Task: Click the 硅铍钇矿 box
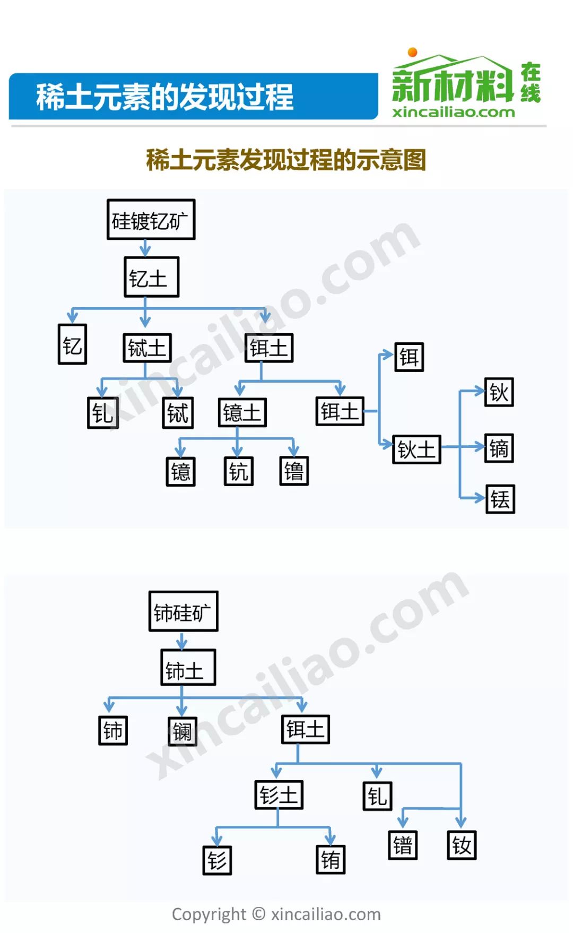[x=151, y=220]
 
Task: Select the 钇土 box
[x=152, y=277]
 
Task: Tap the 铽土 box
[x=147, y=348]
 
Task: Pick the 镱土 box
[x=242, y=412]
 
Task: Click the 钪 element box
[x=239, y=471]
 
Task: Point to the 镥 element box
[x=294, y=471]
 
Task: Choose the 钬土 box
[x=417, y=450]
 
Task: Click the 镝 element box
[x=499, y=448]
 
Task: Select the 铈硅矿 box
[x=184, y=611]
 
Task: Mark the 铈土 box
[x=188, y=668]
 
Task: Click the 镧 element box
[x=183, y=731]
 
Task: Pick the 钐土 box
[x=279, y=794]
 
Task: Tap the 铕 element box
[x=331, y=859]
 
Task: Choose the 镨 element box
[x=403, y=845]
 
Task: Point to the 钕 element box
[x=462, y=845]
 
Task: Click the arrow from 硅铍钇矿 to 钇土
[x=145, y=248]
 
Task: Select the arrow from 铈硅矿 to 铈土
[x=182, y=641]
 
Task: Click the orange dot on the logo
[x=412, y=52]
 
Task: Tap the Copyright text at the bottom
[x=276, y=914]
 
